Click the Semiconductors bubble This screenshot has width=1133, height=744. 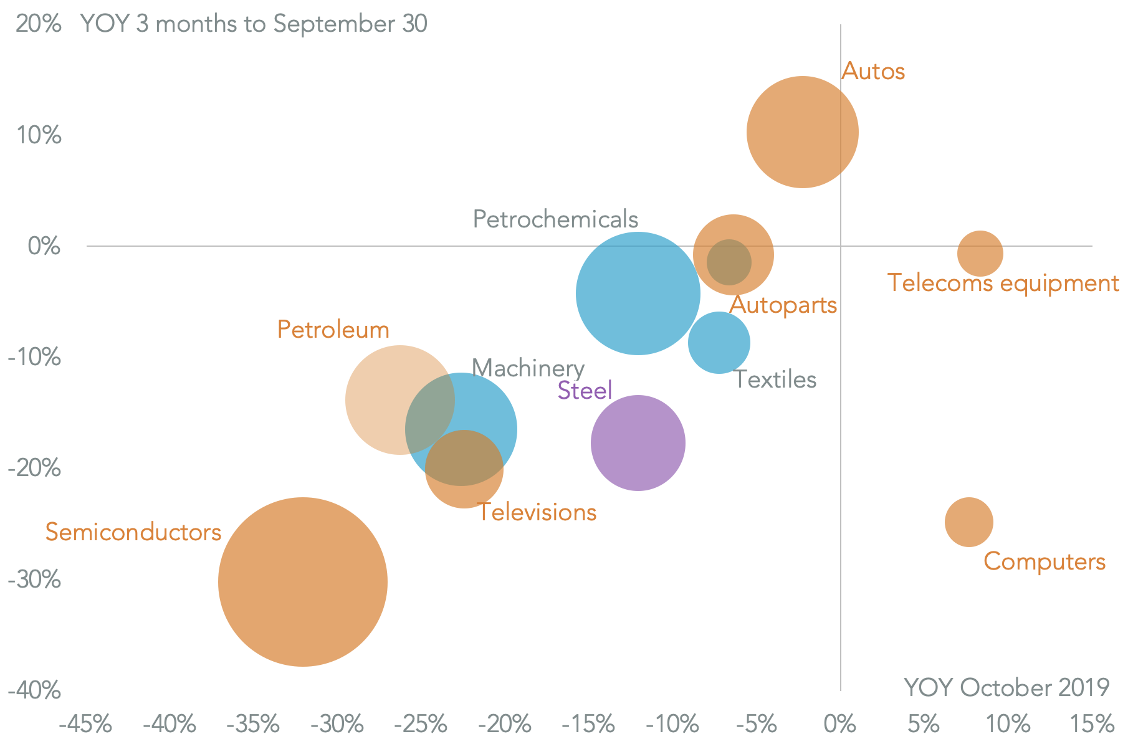click(302, 582)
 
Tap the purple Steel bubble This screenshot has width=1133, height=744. click(638, 443)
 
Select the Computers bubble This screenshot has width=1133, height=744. click(968, 522)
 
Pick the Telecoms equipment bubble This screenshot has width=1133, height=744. click(980, 253)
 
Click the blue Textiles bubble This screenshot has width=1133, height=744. click(719, 343)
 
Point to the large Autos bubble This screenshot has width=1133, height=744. click(802, 132)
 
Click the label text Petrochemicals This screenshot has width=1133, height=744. click(555, 219)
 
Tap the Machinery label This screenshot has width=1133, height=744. click(528, 368)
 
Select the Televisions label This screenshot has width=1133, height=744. click(537, 512)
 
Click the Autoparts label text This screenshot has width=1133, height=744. click(783, 305)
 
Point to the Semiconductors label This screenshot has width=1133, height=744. click(133, 532)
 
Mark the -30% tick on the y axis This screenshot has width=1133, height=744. click(35, 580)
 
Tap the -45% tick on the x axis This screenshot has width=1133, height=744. click(85, 725)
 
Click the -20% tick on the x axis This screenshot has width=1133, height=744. click(504, 725)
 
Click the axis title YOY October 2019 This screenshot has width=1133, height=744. click(1006, 688)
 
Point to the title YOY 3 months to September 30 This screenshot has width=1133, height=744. click(254, 24)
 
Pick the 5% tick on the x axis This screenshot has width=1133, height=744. click(923, 725)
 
